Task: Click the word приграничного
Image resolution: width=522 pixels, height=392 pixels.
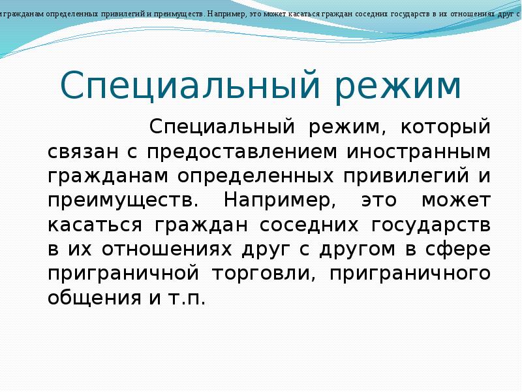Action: pos(410,273)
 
